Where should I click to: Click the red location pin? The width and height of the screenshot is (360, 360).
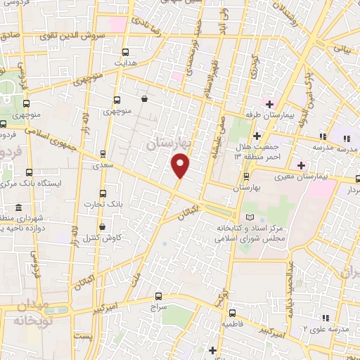(x=181, y=165)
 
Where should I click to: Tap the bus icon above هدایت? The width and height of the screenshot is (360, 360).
(x=126, y=52)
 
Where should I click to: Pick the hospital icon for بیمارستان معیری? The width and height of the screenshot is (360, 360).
(x=302, y=165)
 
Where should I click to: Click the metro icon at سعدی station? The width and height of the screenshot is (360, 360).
(x=103, y=153)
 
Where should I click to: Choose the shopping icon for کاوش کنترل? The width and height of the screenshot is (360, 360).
(x=103, y=227)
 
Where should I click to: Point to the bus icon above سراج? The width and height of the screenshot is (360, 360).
(x=158, y=297)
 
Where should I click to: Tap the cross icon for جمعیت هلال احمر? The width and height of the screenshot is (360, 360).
(x=257, y=136)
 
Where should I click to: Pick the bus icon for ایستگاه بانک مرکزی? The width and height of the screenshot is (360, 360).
(x=29, y=172)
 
